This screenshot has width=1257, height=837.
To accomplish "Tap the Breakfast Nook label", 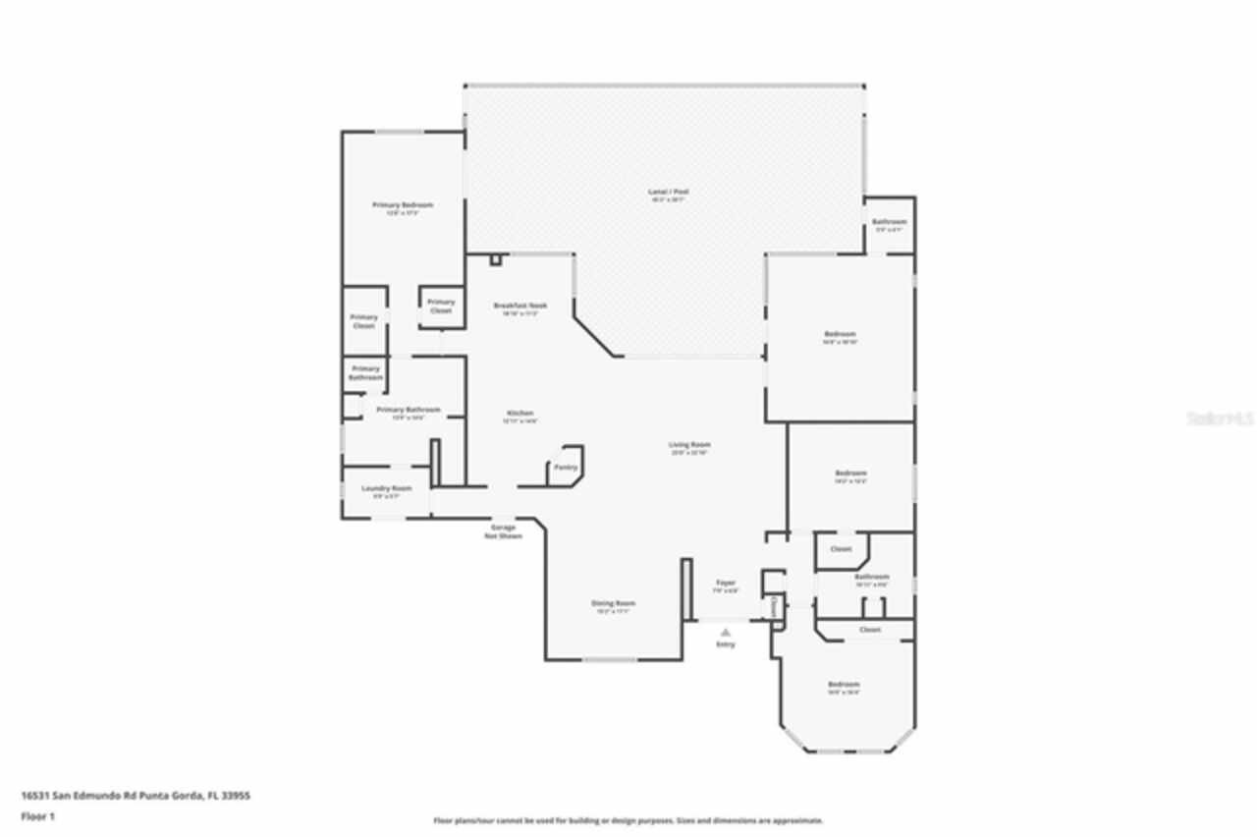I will click(x=519, y=306).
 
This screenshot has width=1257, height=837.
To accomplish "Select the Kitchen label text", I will click(x=519, y=413).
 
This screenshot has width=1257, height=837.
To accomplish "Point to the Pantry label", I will click(x=566, y=468).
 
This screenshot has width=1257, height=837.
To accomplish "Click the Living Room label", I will click(x=690, y=445).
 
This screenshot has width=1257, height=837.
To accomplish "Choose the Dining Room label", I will click(x=613, y=603).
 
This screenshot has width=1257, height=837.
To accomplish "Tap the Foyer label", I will click(x=725, y=583).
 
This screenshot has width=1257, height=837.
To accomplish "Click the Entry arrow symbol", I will click(x=725, y=633).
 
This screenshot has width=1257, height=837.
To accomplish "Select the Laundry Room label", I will click(x=386, y=488).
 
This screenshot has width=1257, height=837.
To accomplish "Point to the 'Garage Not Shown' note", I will click(x=503, y=531).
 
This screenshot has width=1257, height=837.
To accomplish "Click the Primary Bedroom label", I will click(x=403, y=204).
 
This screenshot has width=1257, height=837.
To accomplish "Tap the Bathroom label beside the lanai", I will click(x=889, y=222).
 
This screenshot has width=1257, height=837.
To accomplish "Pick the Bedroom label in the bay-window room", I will click(x=843, y=685).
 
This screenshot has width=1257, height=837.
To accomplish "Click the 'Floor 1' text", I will click(x=38, y=816).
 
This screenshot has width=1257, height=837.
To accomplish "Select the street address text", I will click(x=136, y=796).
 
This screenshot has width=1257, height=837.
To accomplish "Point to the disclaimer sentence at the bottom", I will click(x=628, y=820).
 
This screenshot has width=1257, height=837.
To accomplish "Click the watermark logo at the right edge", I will click(x=1221, y=418).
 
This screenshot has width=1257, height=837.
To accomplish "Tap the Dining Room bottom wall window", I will click(x=610, y=659).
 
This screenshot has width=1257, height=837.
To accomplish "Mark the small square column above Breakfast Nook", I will click(x=496, y=260).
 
